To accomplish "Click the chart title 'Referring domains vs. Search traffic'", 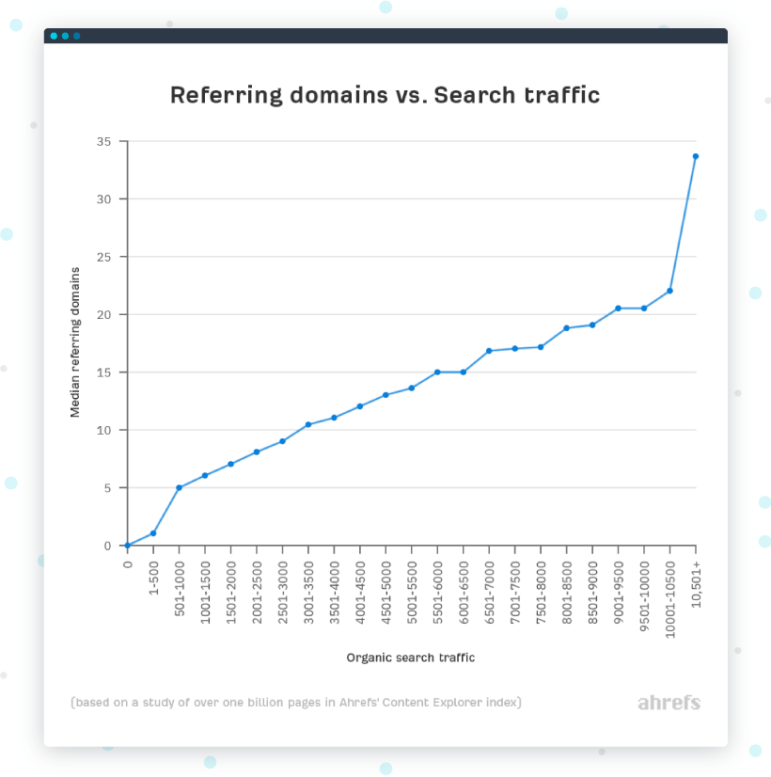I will (x=385, y=95).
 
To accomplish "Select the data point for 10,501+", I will (x=696, y=156).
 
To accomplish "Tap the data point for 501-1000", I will (x=179, y=487).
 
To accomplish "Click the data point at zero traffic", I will (x=127, y=546).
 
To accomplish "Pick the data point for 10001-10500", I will (x=669, y=291).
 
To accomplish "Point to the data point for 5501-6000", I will (x=437, y=372).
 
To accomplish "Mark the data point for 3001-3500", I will (x=307, y=424).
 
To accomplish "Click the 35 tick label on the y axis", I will (x=104, y=141).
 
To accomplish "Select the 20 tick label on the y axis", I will (x=104, y=314).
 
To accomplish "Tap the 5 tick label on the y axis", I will (x=108, y=487).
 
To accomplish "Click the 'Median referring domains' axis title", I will (x=75, y=342).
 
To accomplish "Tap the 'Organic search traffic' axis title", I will (x=411, y=658).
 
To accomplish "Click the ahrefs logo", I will (x=669, y=703).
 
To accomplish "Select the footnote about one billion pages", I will (x=296, y=703).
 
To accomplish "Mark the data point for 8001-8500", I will (x=566, y=327).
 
